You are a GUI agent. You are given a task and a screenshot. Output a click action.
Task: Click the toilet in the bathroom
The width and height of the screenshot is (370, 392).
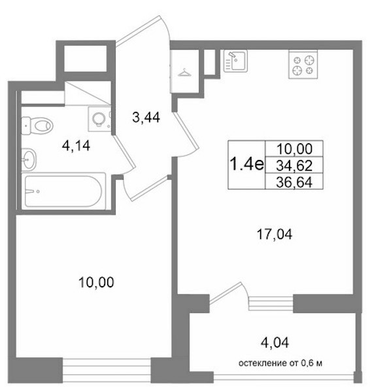[x=37, y=125]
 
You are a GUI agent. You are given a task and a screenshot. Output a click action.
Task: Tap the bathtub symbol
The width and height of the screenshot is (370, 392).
[x=63, y=191]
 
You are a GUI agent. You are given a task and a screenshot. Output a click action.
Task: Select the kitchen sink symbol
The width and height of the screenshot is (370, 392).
[x=235, y=61]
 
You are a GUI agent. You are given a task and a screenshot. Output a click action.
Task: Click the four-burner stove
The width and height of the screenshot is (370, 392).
[x=303, y=65]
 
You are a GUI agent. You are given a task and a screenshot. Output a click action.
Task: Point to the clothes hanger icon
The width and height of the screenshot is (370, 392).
[x=184, y=73]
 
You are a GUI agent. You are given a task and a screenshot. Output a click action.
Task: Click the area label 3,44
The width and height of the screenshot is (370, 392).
[x=146, y=117]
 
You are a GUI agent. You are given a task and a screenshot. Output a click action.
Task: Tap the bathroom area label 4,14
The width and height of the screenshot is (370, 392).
[x=76, y=146]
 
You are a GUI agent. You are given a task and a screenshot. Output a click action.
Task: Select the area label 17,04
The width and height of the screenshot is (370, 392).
[x=275, y=235]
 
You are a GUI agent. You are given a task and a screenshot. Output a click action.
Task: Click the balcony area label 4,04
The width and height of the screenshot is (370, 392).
[x=275, y=343]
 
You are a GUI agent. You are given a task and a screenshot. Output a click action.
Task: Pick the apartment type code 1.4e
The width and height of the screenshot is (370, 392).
[x=246, y=164]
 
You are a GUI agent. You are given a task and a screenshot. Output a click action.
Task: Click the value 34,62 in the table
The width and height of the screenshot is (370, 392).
[x=294, y=165]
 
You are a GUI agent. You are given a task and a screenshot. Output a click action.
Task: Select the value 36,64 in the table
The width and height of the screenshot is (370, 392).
[x=294, y=182]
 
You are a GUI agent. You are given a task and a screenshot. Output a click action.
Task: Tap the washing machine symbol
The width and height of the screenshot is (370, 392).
[x=99, y=118]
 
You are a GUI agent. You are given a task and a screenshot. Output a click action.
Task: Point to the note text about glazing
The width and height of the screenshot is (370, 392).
[x=280, y=363]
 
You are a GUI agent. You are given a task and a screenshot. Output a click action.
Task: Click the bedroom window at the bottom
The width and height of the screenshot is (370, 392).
[x=107, y=370]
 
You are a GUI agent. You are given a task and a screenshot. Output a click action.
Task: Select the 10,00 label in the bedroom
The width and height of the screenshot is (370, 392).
[x=96, y=282]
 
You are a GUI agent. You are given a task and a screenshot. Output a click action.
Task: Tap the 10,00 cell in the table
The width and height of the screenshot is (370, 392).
[x=294, y=149]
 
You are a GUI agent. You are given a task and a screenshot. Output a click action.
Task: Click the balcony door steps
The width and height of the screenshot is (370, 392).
[x=271, y=303]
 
